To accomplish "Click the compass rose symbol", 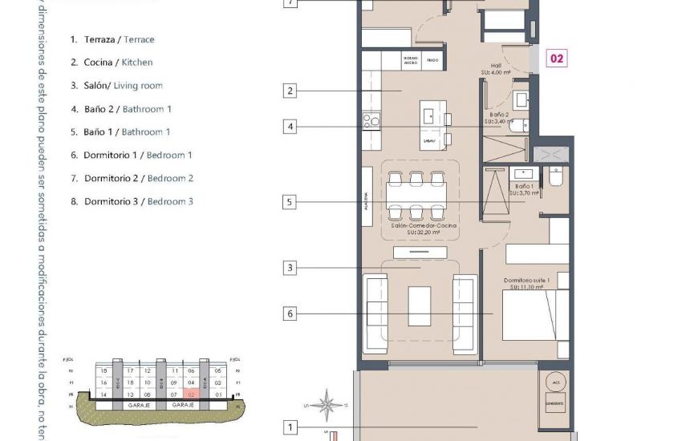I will click(326, 403).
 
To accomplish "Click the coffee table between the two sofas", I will click(420, 305).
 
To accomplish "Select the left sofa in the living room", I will click(375, 313).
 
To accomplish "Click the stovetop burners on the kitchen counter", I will click(371, 121).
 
